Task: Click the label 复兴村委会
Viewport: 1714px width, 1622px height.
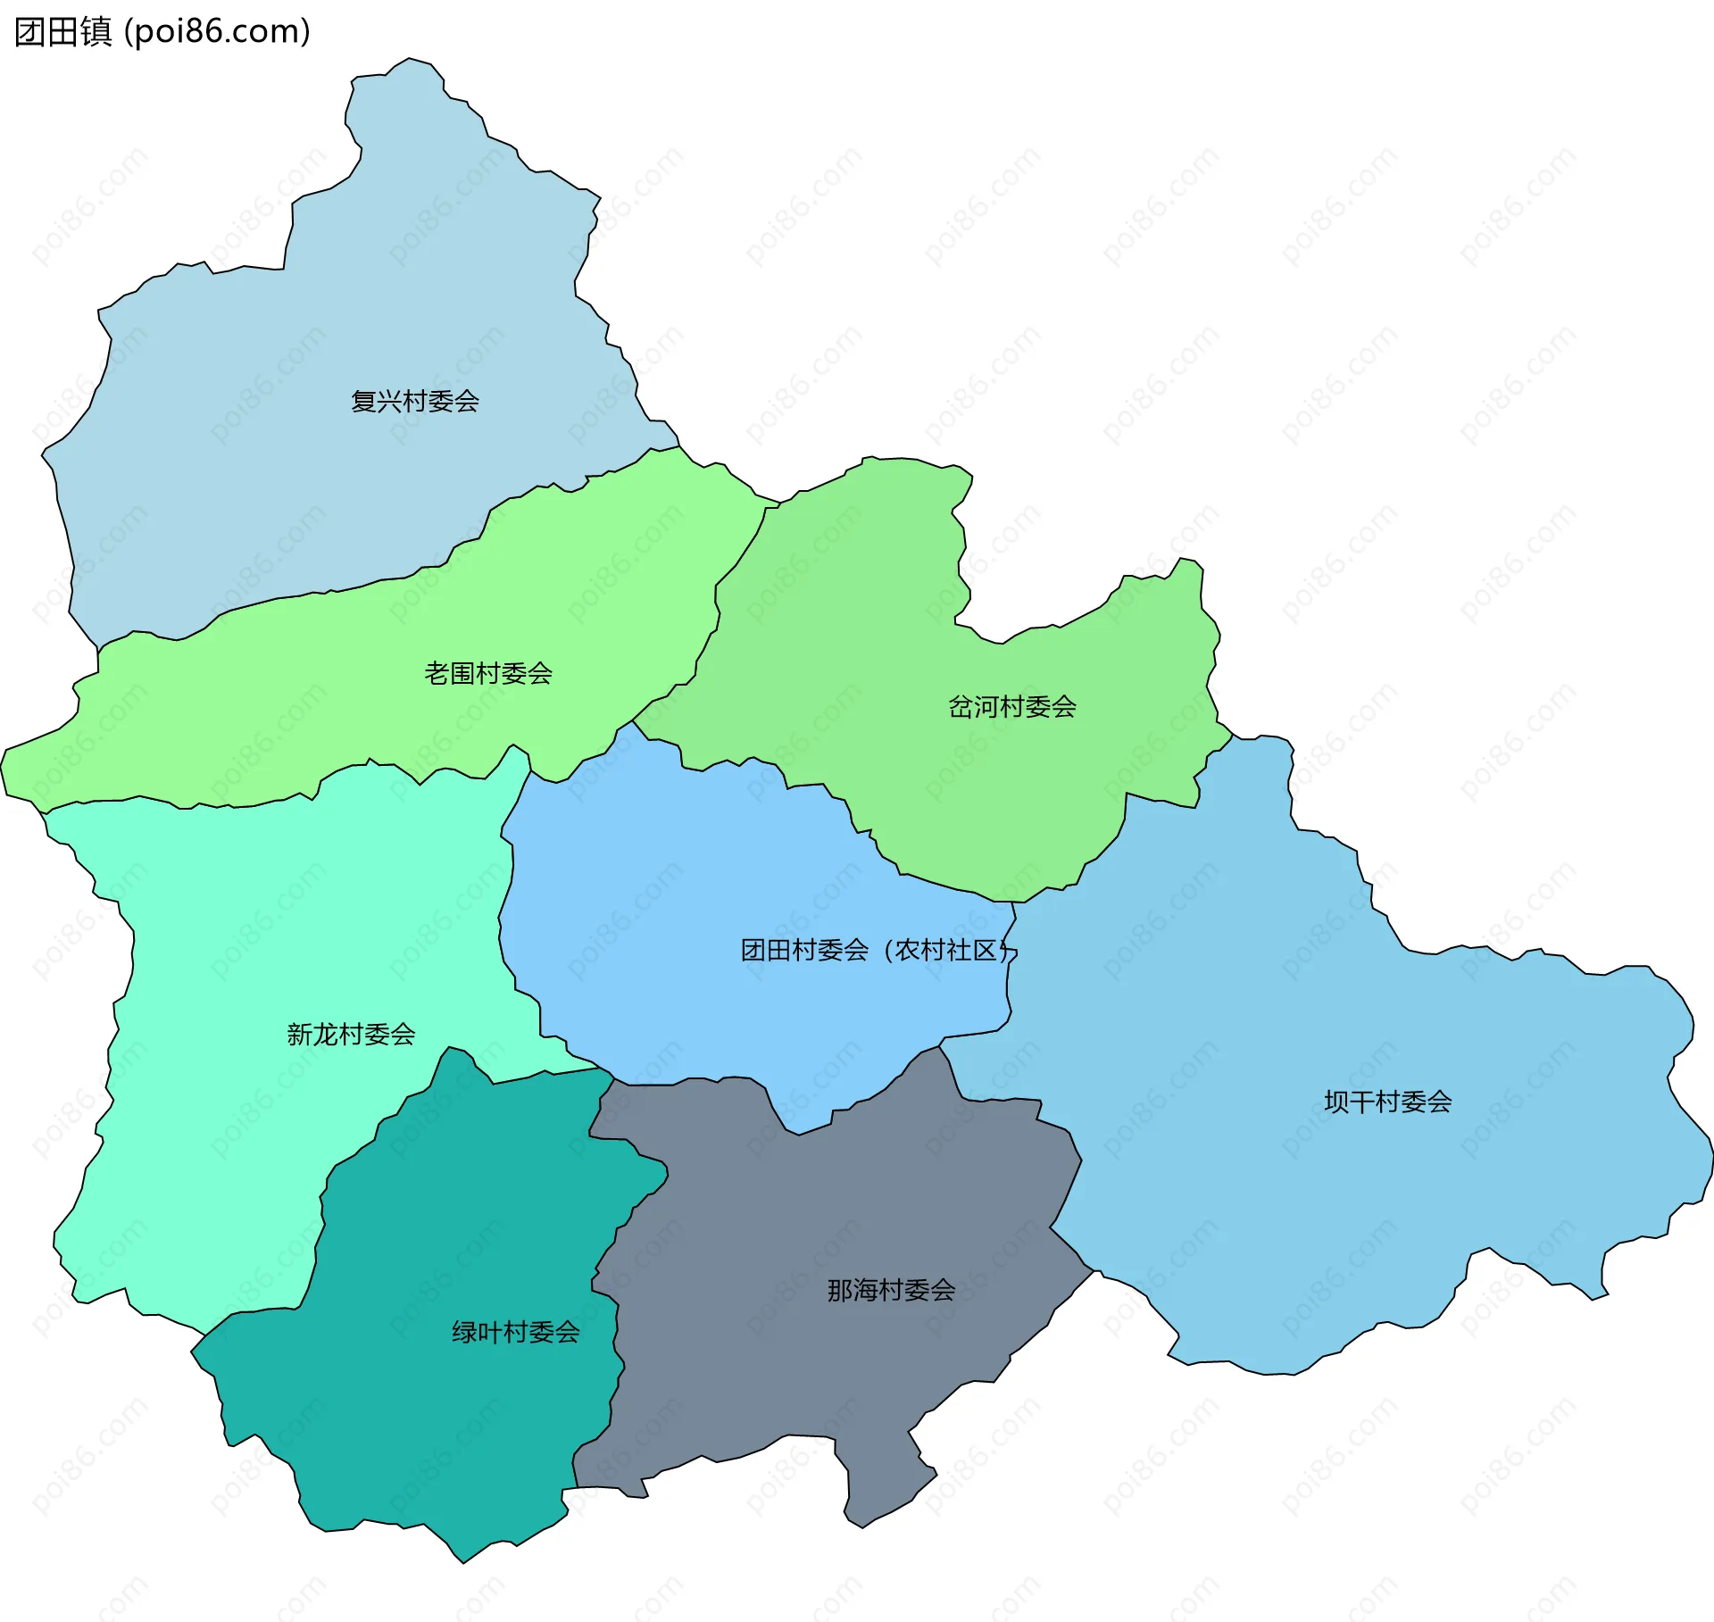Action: click(415, 402)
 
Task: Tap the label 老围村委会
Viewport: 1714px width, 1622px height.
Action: click(488, 673)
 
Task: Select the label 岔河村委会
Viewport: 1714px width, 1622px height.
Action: click(1011, 707)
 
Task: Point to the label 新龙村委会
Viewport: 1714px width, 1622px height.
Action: click(351, 1035)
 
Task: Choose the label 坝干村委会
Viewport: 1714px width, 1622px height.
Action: click(1387, 1102)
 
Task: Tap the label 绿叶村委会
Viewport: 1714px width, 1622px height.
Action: click(516, 1333)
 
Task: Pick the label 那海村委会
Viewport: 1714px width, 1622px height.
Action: click(891, 1290)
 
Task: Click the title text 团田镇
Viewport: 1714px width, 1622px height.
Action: click(62, 31)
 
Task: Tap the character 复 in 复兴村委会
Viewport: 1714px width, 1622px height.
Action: click(363, 402)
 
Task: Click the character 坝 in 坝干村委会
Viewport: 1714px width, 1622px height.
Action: click(1336, 1102)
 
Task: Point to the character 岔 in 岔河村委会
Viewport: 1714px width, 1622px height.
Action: click(961, 707)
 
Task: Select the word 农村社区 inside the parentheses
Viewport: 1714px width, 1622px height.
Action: click(946, 950)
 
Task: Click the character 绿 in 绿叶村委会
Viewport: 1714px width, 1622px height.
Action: click(464, 1333)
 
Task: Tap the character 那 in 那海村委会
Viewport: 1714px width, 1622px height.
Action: click(840, 1290)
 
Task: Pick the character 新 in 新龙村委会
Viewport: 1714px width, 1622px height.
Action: click(299, 1035)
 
